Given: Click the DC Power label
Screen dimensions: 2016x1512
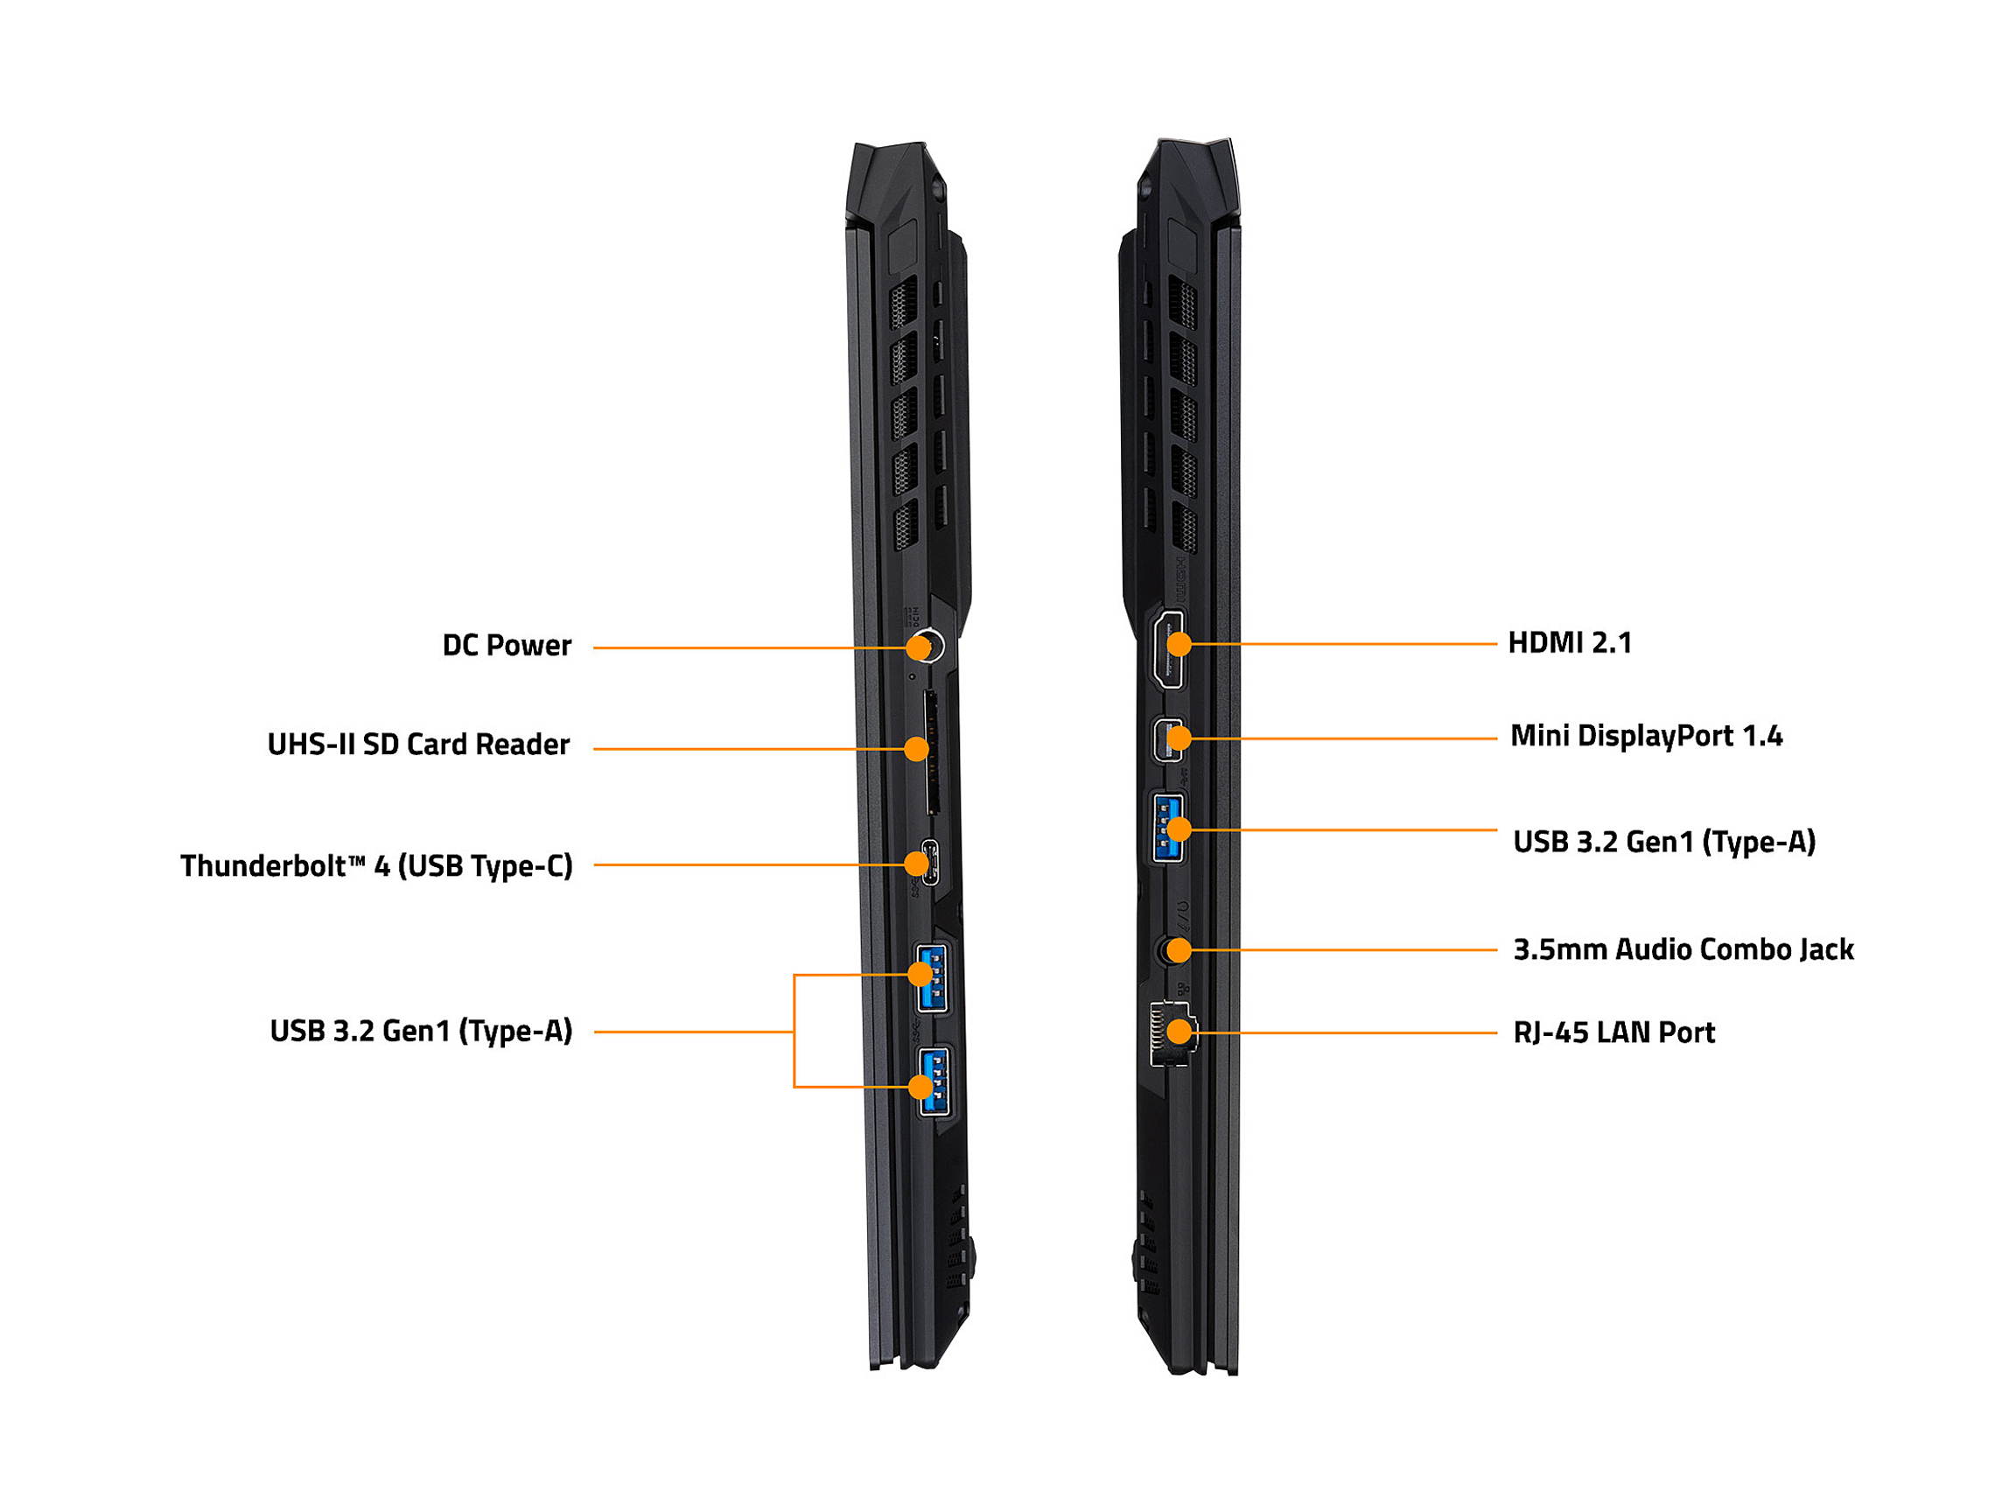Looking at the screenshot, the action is click(507, 645).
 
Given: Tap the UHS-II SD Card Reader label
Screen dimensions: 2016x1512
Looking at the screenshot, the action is click(418, 745).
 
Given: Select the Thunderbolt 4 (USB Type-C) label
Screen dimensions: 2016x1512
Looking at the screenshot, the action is click(376, 866).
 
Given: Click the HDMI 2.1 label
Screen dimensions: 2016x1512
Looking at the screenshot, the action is click(1570, 642).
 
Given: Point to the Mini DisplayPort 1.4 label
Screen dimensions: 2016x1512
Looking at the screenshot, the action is click(1645, 736).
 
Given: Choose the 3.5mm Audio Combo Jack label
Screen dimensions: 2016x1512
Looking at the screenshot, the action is click(1683, 949).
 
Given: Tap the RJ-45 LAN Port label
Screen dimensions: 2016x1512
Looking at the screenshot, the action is click(1613, 1032).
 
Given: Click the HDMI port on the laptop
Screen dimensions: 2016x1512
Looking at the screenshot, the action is click(1167, 649).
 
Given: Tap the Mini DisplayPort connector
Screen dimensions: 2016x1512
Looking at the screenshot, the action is click(1167, 739).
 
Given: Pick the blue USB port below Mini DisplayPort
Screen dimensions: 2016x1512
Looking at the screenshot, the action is click(1167, 829).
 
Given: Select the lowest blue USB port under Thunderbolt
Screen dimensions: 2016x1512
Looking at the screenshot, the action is click(934, 1081).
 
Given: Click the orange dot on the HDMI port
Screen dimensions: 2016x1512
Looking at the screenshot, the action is click(1179, 644).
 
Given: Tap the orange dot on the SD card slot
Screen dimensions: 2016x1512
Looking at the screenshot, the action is click(916, 749).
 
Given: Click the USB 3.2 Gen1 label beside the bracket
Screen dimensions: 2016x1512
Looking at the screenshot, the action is click(421, 1032).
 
